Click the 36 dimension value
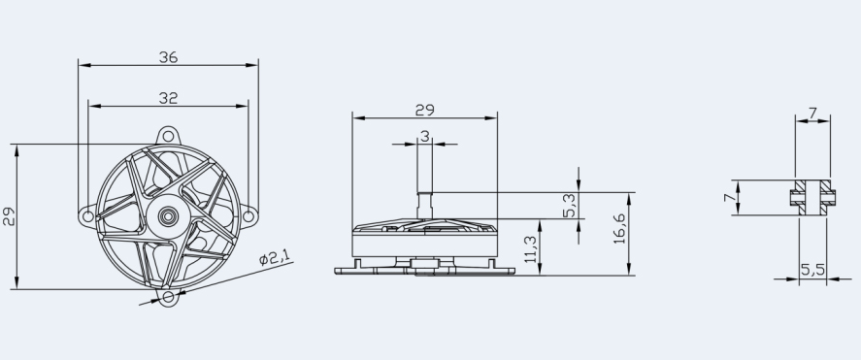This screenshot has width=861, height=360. point(169,57)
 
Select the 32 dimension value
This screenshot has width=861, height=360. point(169,98)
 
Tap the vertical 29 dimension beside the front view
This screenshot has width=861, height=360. point(9,216)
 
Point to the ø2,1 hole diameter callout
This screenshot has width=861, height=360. point(275,257)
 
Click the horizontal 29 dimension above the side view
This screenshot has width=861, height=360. point(424,111)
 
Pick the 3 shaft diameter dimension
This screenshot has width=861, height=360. point(424,136)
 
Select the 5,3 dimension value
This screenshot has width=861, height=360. point(570,206)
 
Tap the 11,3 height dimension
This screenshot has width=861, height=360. point(531,249)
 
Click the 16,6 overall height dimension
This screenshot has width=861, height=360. point(619,228)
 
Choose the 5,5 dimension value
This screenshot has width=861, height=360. point(812,270)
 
